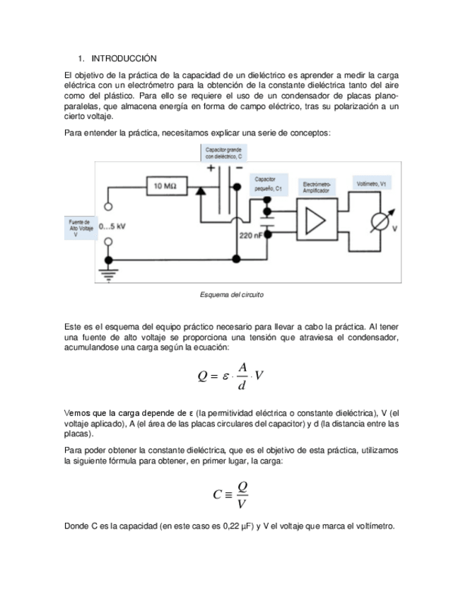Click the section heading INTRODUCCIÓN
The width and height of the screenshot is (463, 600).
click(x=124, y=57)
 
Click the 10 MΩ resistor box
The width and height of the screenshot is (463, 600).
click(x=165, y=186)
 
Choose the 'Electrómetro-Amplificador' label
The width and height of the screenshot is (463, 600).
click(x=316, y=187)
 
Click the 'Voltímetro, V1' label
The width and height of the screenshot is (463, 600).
click(x=373, y=183)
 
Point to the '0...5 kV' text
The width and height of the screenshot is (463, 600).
click(x=113, y=226)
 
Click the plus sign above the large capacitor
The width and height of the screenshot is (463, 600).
click(x=211, y=168)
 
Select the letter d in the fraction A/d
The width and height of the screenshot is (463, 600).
click(x=242, y=386)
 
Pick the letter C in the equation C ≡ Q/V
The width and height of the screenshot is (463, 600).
click(x=218, y=495)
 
